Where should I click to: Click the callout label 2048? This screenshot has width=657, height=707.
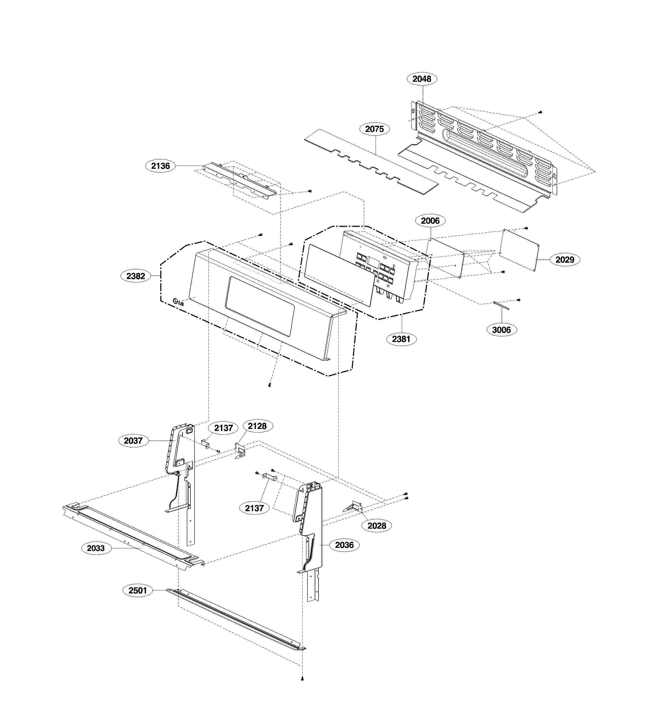422,79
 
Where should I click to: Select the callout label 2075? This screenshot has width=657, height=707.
375,129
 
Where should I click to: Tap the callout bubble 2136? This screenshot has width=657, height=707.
160,166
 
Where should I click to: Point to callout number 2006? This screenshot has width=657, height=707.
430,221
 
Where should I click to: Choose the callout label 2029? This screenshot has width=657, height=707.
565,260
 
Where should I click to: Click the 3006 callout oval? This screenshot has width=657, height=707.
501,330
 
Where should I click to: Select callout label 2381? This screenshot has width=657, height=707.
401,339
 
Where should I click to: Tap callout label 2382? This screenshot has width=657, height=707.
136,276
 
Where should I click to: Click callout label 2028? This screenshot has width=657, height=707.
377,525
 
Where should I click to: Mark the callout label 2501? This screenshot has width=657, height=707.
137,590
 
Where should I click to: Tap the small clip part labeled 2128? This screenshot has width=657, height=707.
240,451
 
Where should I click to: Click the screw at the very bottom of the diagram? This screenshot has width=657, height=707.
302,678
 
